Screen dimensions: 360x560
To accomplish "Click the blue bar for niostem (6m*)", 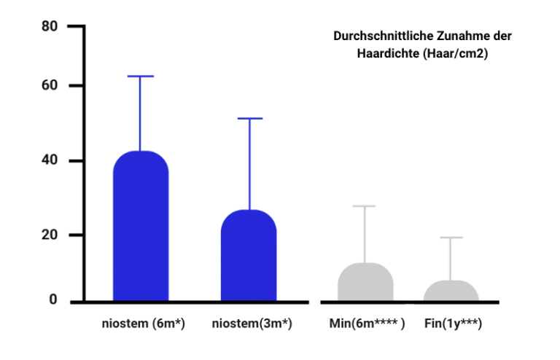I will coord(141,226).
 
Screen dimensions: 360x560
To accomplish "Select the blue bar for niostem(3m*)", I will coord(249,255).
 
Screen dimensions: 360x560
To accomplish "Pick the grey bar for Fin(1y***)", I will coord(451,291).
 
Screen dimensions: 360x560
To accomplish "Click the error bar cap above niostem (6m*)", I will coord(141,76).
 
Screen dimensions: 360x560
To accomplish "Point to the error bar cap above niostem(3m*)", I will coord(249,118).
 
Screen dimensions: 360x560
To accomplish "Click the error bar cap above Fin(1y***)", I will coord(451,238).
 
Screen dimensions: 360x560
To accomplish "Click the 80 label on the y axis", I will coord(50,27).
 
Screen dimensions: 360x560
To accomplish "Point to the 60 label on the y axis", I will coord(50,86).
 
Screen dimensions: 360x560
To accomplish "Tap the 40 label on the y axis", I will coord(50,160).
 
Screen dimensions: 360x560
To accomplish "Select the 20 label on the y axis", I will coord(50,235).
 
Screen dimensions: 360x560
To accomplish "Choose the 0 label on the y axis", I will coord(53,300).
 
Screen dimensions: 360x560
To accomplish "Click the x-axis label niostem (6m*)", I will coord(144,324).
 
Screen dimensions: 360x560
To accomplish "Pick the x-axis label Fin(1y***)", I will coord(453,324).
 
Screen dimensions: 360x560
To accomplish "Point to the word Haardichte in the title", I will coord(384,53).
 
